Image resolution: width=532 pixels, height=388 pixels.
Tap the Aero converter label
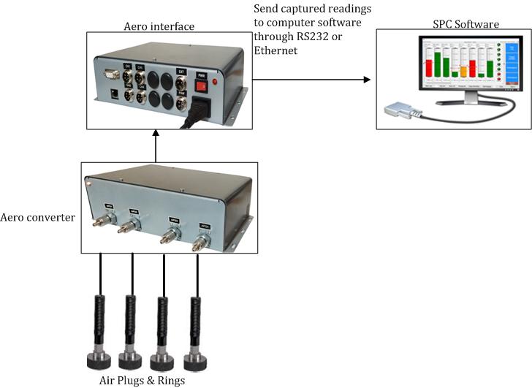point(38,218)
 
